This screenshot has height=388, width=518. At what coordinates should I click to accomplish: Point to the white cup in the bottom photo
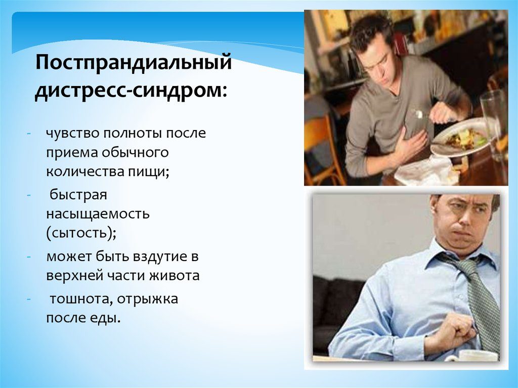click(470, 356)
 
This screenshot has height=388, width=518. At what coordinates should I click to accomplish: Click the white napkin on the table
click(425, 171)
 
